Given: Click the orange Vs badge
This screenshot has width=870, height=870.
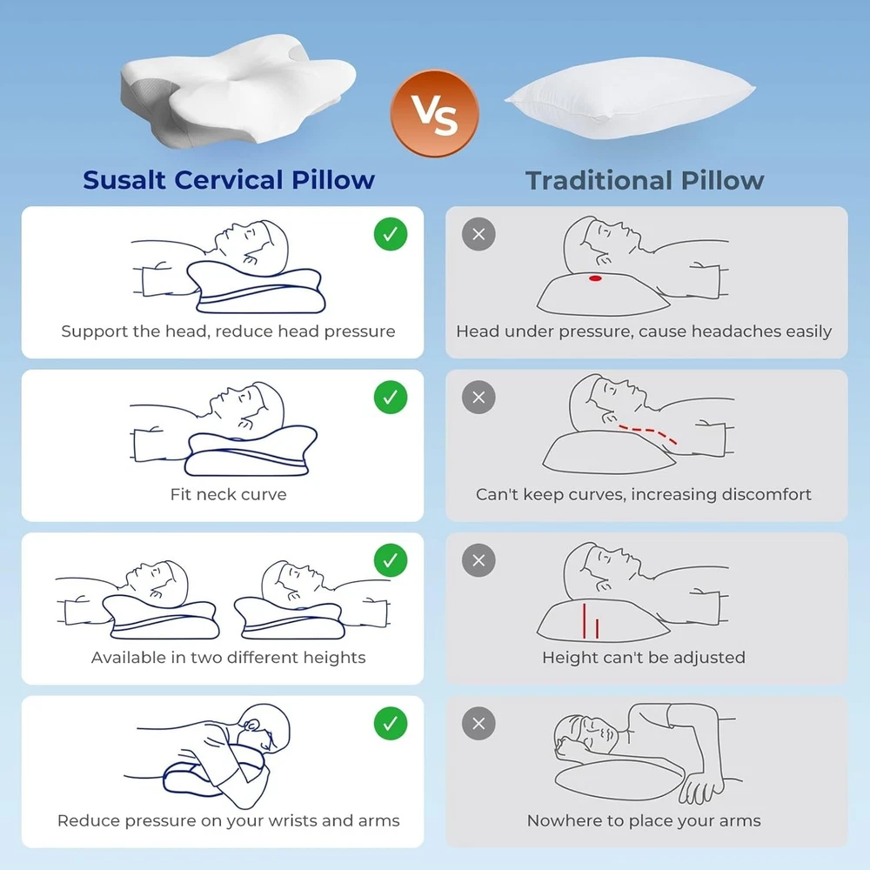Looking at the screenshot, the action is coord(434,113).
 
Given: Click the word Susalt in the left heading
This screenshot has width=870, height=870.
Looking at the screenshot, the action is coord(124,180).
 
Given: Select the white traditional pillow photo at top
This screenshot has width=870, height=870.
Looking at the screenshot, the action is coord(630,97).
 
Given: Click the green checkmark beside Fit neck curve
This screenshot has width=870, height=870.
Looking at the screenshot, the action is coord(391,398).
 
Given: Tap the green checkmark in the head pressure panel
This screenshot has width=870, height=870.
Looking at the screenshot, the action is coord(391,234).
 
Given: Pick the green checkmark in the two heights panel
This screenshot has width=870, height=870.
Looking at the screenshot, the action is coord(391,560).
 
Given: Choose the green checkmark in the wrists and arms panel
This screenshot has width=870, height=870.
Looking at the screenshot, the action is coord(391,724).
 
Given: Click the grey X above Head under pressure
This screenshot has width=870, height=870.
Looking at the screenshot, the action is coord(478,234).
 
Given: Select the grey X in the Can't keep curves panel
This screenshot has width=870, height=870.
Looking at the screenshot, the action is coord(478,398).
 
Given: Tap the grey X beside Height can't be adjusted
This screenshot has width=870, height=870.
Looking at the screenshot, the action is coord(478,560).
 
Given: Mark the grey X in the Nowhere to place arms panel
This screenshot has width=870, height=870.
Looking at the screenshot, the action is coord(478,724).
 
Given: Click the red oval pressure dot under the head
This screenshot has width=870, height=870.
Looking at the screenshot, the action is coord(595,278).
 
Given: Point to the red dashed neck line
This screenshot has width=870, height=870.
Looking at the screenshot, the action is coord(647,431).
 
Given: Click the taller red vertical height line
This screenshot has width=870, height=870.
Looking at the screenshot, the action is coord(585,620).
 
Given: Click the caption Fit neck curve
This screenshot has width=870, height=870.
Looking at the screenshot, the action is coord(229,494).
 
